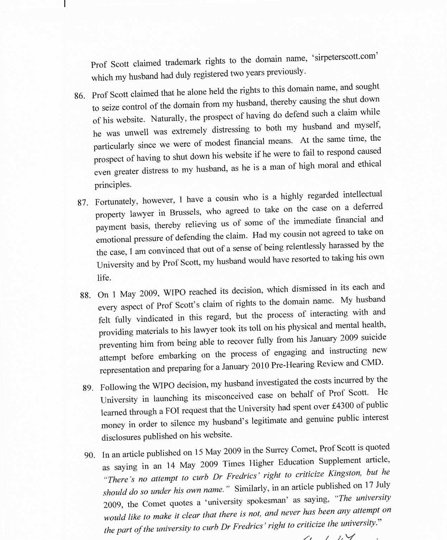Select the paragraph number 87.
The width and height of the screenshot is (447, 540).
(83, 203)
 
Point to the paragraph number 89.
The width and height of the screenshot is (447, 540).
(88, 388)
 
